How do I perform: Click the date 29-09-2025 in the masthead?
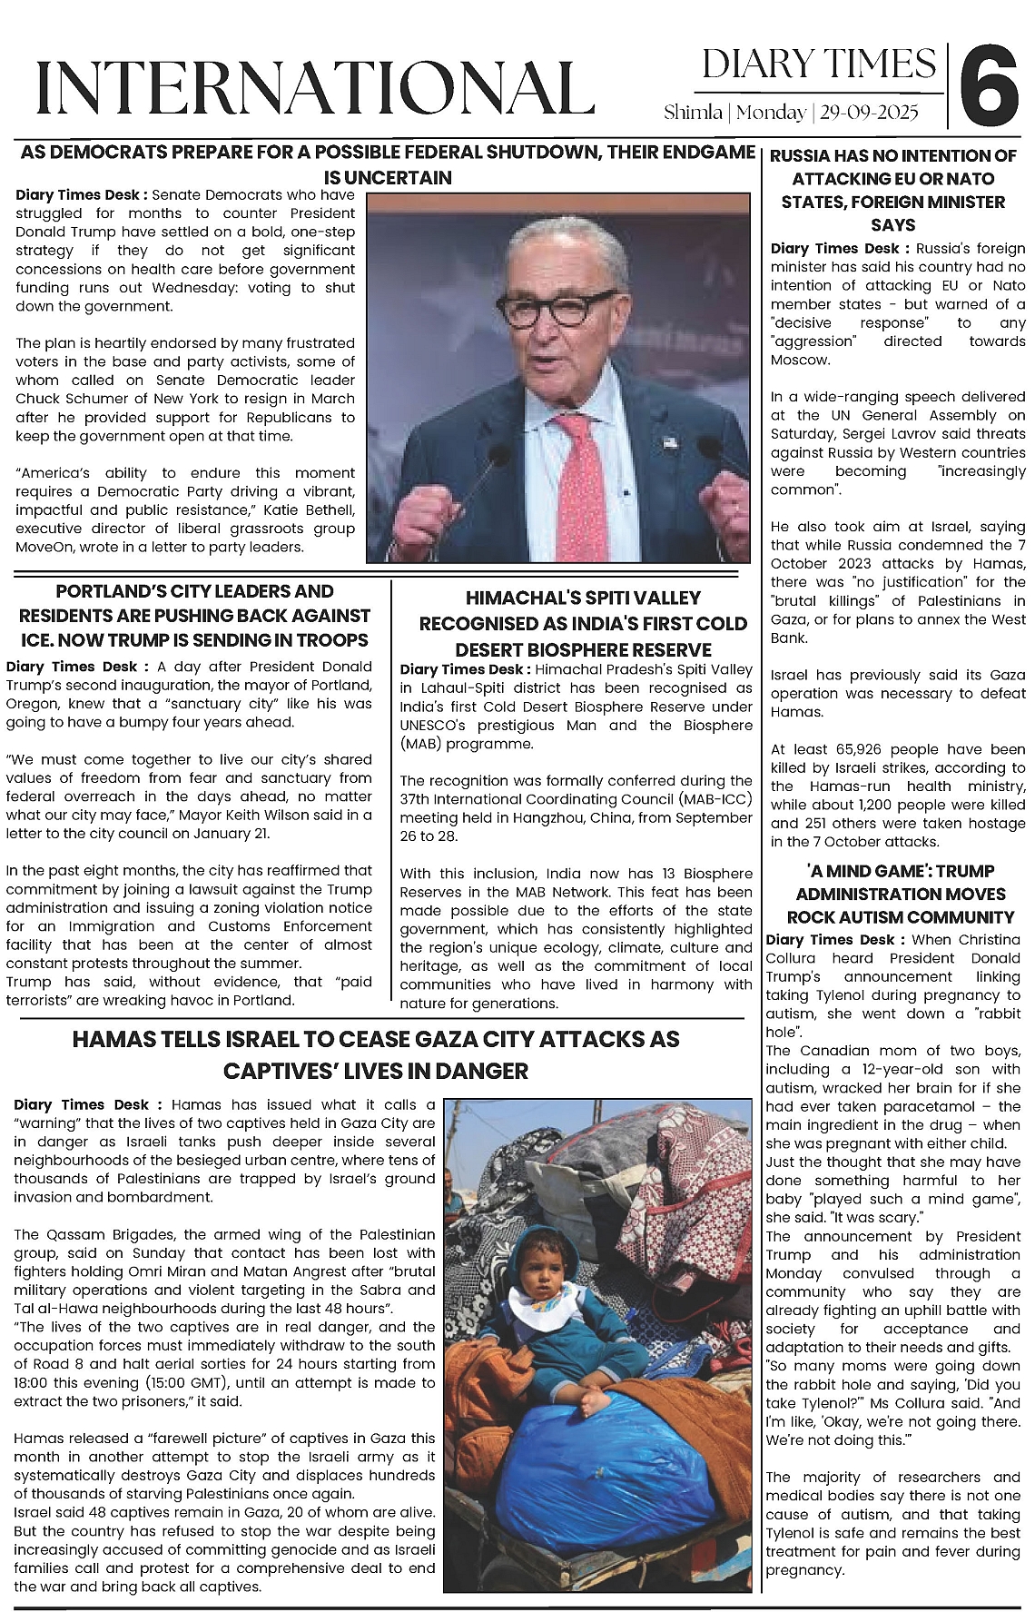(869, 113)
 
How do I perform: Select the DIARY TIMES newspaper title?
(819, 64)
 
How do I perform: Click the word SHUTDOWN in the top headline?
(543, 153)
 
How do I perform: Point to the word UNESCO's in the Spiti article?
(432, 725)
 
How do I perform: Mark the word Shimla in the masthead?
(694, 113)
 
